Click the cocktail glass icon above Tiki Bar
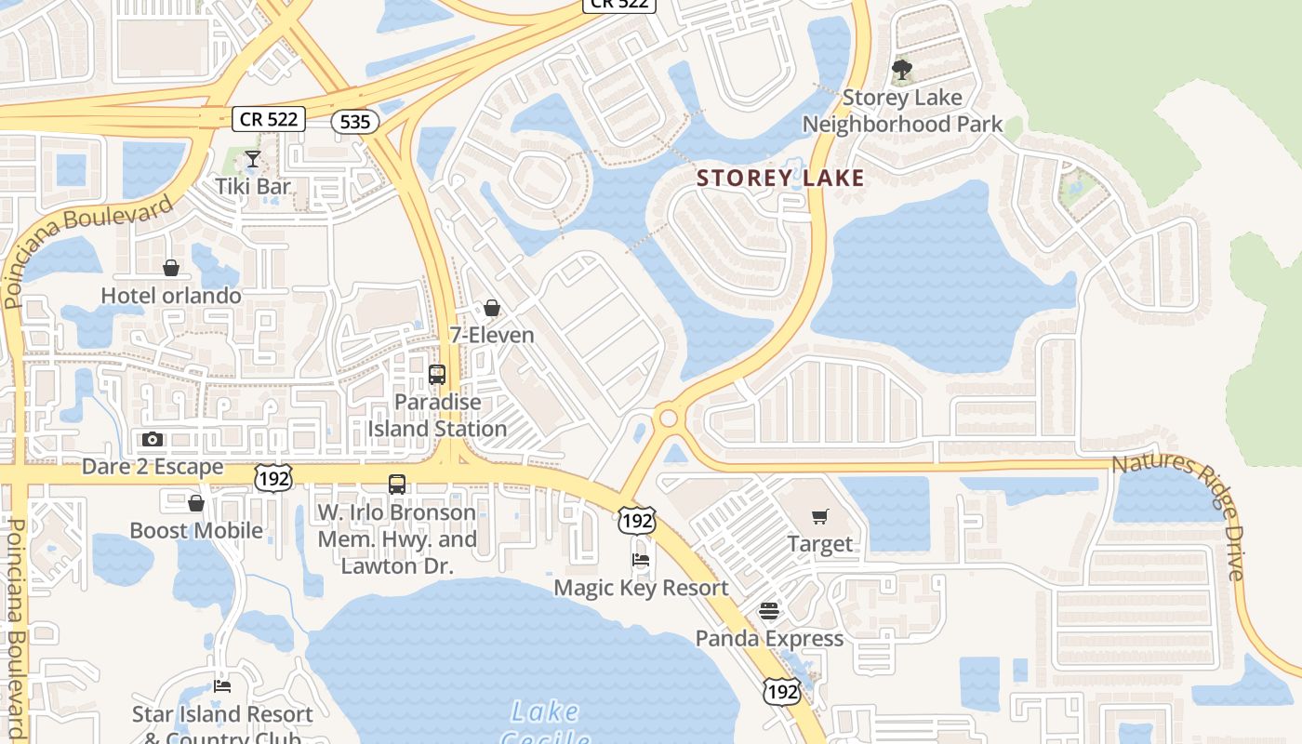[x=253, y=159]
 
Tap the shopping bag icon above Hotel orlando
[x=171, y=269]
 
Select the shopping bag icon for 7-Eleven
[x=492, y=308]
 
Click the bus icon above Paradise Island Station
[x=437, y=375]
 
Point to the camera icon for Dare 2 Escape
[x=153, y=439]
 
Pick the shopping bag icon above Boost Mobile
[x=196, y=503]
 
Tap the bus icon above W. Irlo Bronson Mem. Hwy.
[x=397, y=485]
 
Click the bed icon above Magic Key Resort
[x=641, y=560]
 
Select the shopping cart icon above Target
[x=819, y=517]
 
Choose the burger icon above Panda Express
[x=769, y=611]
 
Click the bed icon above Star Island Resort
[x=222, y=686]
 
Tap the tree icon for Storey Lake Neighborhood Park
[x=901, y=70]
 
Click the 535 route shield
[x=355, y=121]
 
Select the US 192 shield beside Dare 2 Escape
[x=273, y=478]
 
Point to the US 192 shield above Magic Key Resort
[x=637, y=521]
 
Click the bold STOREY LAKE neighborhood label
[x=780, y=179]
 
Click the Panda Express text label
[x=769, y=639]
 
